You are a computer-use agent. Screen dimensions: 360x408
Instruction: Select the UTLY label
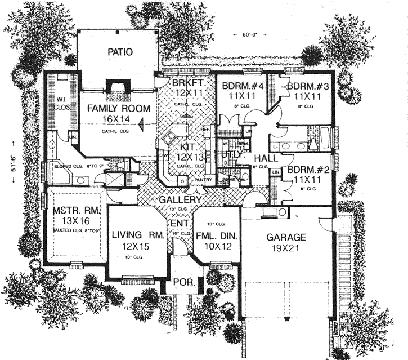point(231,153)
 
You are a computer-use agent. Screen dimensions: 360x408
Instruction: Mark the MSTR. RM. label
point(75,212)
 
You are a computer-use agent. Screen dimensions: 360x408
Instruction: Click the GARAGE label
point(286,237)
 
